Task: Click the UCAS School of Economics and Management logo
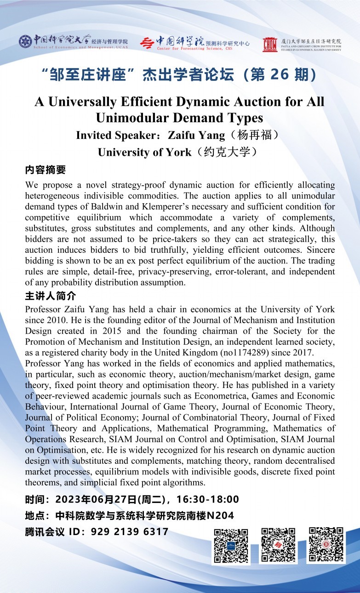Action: [25, 41]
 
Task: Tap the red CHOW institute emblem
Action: [269, 44]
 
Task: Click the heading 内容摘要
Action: [46, 170]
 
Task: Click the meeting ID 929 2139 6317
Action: [130, 532]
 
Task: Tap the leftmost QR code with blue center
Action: [231, 546]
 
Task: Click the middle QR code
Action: [278, 546]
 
